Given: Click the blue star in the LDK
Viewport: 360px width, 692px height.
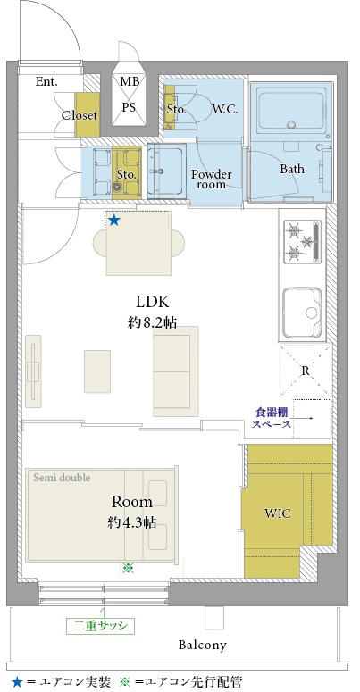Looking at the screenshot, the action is pos(114,220).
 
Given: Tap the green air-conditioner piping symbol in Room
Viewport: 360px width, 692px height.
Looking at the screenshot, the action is pos(128,568).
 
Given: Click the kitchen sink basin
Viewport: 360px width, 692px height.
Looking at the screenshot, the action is pos(303,312).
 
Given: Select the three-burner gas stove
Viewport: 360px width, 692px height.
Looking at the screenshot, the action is pos(303,243).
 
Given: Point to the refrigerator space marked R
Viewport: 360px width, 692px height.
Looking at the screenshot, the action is pos(306,370).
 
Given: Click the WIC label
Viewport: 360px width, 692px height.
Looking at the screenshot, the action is pos(278,513).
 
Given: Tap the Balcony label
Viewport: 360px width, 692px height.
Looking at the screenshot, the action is pos(202,645).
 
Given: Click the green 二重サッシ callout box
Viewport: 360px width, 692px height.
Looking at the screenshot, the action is pos(100,625).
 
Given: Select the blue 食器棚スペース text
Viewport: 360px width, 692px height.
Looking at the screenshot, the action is pos(272,419).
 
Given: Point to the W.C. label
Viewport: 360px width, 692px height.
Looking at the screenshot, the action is pos(225,109).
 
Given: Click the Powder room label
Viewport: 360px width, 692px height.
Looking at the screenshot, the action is pos(211,179).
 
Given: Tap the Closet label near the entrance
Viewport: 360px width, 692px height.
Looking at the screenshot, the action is pos(80,115).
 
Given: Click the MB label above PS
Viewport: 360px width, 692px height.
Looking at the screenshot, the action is pos(129,81).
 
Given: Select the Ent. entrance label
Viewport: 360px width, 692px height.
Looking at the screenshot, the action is pos(46,81).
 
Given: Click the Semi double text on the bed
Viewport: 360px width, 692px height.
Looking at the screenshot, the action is pos(62,477).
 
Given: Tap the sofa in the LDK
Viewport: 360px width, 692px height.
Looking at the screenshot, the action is pos(176,371).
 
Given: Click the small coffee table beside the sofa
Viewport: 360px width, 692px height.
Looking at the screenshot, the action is pos(97,371).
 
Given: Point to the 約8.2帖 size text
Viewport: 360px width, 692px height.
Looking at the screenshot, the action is pos(153,322).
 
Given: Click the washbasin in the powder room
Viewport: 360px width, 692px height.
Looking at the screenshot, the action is pos(166,171).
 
